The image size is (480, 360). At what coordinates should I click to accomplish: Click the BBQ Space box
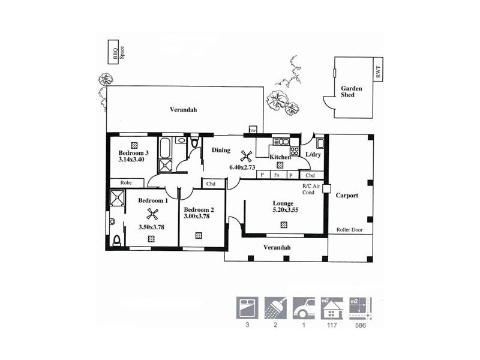[112, 52]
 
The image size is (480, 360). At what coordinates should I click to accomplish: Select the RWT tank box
[378, 71]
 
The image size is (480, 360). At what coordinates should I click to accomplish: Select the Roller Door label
[350, 230]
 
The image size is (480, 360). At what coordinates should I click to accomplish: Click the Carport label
[347, 196]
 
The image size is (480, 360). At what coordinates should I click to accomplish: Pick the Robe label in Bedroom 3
[126, 182]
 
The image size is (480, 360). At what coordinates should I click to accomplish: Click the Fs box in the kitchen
[276, 175]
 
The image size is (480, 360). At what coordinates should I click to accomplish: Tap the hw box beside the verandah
[253, 130]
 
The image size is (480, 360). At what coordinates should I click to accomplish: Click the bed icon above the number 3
[246, 307]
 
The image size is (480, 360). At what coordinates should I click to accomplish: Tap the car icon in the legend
[304, 307]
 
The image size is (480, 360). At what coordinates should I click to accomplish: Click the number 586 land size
[360, 326]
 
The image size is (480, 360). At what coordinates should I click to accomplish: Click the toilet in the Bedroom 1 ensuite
[117, 241]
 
